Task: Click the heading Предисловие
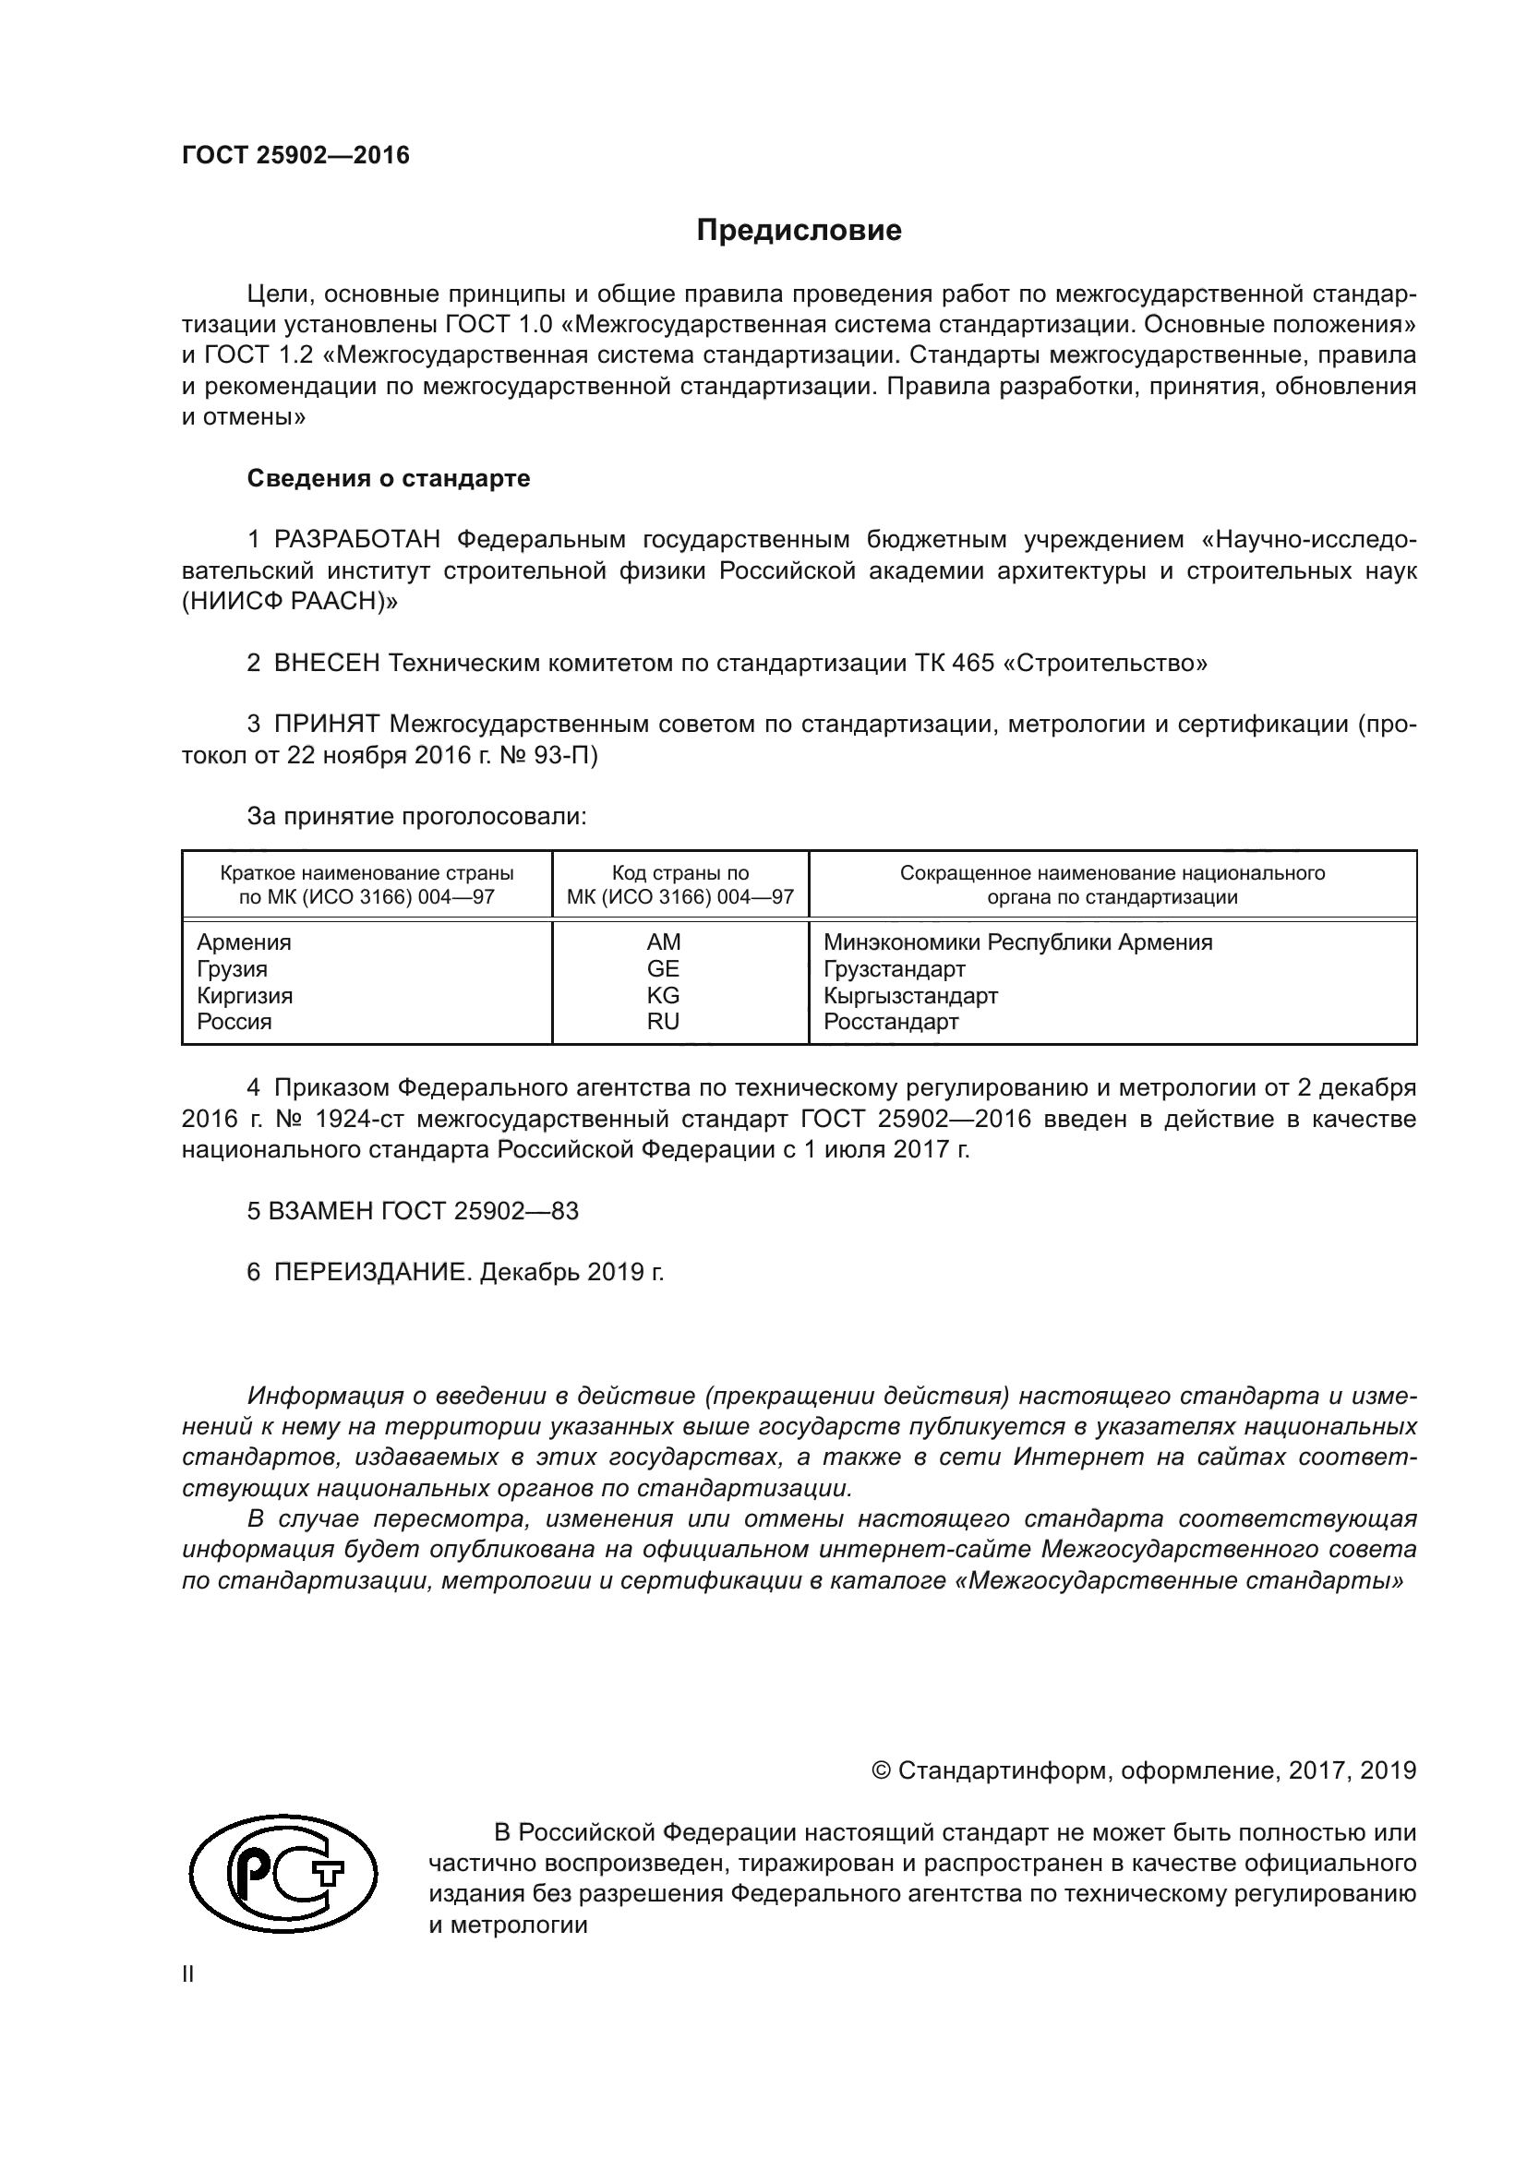(x=799, y=231)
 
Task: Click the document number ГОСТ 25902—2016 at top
(x=295, y=155)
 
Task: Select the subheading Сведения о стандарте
(x=389, y=479)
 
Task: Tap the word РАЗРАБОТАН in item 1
(x=357, y=540)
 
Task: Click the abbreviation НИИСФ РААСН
(x=289, y=602)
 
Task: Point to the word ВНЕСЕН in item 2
(x=326, y=663)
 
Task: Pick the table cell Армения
(x=244, y=942)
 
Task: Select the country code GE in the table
(x=663, y=968)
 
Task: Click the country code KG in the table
(x=663, y=995)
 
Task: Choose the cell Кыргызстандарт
(x=910, y=995)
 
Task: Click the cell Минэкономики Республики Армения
(x=1017, y=942)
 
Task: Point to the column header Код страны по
(x=679, y=872)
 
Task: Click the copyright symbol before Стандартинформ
(x=881, y=1771)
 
